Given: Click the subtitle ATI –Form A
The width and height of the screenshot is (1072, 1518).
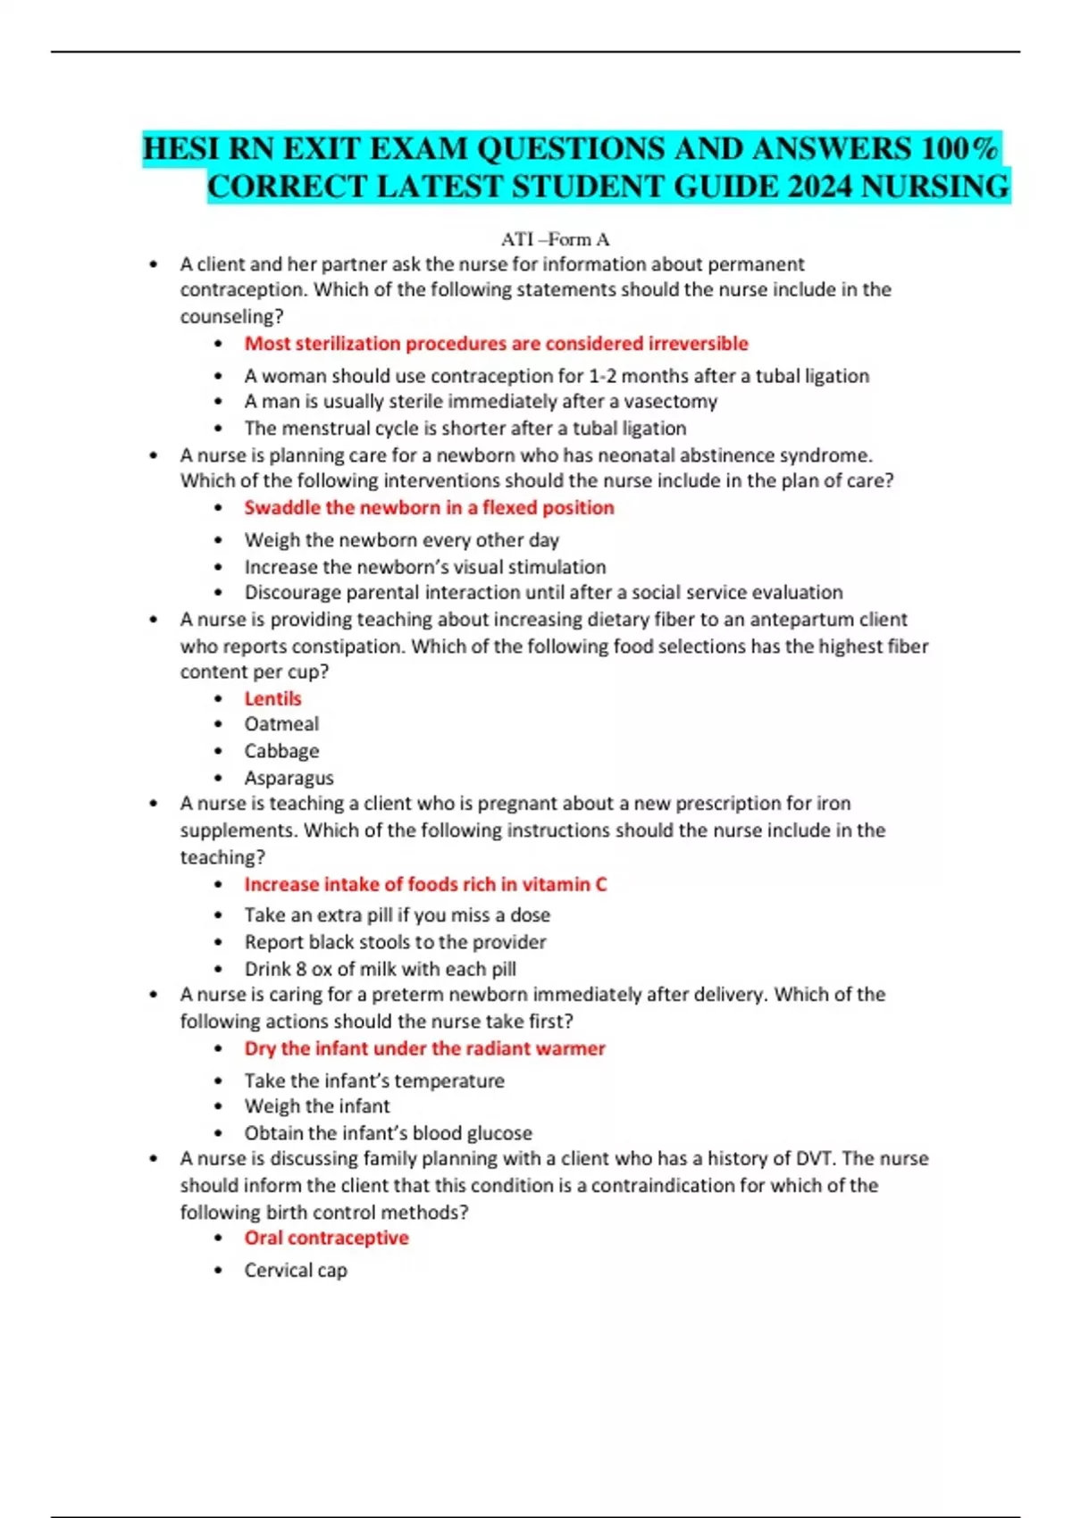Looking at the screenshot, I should point(555,239).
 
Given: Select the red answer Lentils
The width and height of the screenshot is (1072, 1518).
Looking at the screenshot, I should point(272,698).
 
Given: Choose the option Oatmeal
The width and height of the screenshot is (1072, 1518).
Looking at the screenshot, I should point(281,724).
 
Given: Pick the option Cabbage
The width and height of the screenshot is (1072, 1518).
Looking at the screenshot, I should point(281,751).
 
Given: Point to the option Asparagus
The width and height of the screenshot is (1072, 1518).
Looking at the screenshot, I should point(289,778).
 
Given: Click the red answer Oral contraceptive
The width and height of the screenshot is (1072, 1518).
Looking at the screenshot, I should point(326,1238).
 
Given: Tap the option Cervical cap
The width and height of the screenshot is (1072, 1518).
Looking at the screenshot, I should point(296,1270).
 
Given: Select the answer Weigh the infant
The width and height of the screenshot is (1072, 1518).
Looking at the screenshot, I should point(317,1105).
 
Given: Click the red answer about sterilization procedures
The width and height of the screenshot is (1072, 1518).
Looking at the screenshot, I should point(496,344).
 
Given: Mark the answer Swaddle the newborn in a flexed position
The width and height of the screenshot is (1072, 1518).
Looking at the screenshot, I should point(429,507).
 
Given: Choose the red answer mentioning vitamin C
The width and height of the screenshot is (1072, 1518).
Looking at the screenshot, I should point(425,884).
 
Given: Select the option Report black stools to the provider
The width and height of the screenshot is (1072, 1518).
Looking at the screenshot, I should point(395,942).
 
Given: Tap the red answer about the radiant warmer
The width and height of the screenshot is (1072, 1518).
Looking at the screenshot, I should point(424,1048).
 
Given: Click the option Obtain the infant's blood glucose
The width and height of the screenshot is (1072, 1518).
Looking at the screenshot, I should point(388,1132).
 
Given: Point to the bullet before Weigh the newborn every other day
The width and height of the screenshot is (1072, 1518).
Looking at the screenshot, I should point(219,540).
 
